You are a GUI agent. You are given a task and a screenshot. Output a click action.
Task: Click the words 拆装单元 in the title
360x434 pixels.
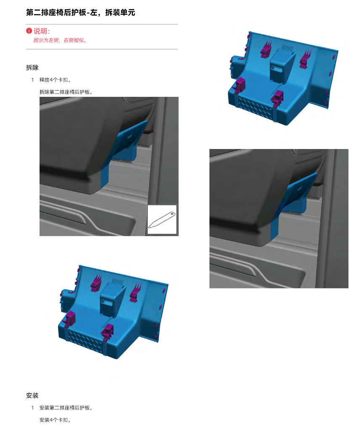120,13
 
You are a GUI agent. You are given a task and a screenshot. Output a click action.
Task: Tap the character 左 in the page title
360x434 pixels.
94,13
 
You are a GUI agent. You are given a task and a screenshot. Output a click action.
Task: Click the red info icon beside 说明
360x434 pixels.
29,31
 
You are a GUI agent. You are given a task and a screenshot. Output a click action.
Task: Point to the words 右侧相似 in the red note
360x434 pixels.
74,40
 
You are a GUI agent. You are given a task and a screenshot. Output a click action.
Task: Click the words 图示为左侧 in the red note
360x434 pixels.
46,40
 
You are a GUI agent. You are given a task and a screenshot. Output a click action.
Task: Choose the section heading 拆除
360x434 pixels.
32,67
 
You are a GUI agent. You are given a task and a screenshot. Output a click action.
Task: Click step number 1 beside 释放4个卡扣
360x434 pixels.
33,80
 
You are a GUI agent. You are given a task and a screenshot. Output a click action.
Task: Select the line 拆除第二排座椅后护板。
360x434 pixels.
66,92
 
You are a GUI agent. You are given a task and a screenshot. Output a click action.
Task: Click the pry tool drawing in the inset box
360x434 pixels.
162,220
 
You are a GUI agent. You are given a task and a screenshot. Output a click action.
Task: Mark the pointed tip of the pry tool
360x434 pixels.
149,227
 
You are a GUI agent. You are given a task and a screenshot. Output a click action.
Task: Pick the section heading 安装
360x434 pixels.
32,396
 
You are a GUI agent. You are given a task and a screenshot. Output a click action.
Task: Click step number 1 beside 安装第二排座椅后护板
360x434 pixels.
33,408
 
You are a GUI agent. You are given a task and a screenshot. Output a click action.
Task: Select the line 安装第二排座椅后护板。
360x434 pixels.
66,408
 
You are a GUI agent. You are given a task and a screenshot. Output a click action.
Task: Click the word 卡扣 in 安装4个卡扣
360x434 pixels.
63,420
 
